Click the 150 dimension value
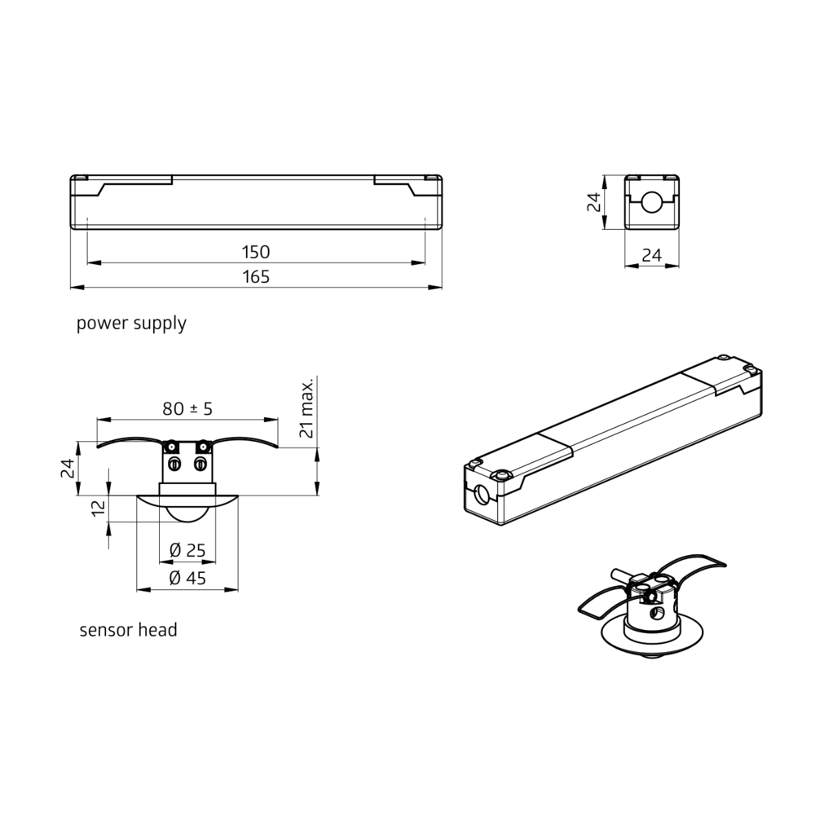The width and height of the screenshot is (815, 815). coord(256,252)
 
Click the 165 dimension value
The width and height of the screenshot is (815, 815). coord(256,276)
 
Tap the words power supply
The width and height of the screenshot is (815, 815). coord(131,324)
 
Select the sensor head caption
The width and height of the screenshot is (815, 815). coord(129,630)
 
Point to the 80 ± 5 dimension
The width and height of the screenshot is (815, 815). coord(187,409)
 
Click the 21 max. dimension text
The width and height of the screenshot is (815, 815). coord(306,408)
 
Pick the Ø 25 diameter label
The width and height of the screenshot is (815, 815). coord(187,550)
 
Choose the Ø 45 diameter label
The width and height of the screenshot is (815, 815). coord(187,578)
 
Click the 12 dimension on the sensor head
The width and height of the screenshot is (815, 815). coord(99,509)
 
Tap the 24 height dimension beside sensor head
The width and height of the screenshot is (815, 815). coord(68,469)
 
